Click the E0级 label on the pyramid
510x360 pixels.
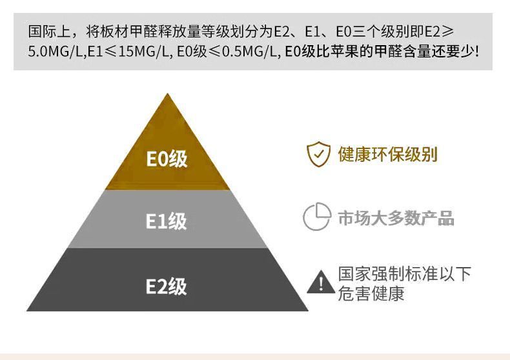tap(167, 158)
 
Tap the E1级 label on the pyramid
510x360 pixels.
tap(167, 221)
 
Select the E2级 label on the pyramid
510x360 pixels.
tap(167, 286)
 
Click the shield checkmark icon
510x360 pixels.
tap(318, 155)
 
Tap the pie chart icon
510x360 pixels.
tap(316, 217)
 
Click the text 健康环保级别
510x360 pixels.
tap(387, 155)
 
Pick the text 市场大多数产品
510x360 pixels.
tap(396, 218)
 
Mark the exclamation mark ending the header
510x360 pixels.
tap(477, 50)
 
